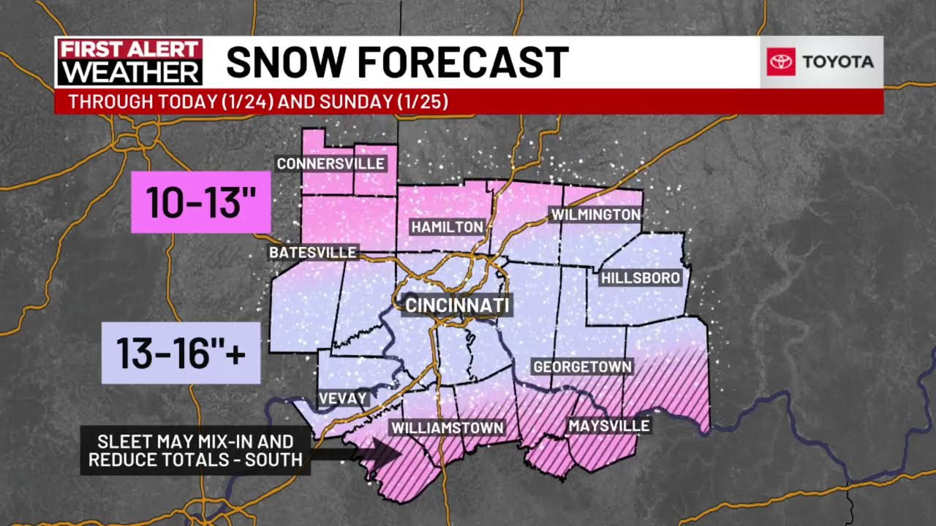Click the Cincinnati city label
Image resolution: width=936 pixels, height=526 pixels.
click(457, 305)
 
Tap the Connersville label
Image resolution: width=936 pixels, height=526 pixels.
click(331, 164)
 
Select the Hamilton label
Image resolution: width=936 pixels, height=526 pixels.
click(448, 227)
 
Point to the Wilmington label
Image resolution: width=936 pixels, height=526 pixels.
click(595, 215)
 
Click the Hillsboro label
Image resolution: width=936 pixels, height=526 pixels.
click(641, 278)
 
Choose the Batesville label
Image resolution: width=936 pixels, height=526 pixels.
click(313, 253)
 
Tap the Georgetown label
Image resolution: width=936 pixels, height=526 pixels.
click(582, 367)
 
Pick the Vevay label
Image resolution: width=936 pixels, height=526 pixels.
click(342, 399)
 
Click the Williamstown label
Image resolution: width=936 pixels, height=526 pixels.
click(448, 427)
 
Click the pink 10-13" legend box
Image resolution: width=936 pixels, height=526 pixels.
click(201, 202)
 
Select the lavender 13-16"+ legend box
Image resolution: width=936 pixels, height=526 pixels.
click(181, 354)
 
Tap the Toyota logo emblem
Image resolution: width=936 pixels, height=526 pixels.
click(781, 62)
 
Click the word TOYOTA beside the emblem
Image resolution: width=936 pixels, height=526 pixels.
click(838, 62)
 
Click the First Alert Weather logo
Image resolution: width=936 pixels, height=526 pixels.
click(129, 62)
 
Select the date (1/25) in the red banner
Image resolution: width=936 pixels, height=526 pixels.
click(423, 102)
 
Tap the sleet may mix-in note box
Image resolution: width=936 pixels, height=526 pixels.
click(195, 451)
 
